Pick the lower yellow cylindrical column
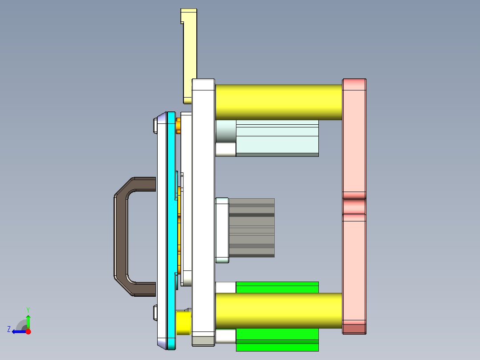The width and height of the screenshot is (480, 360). (x=278, y=311)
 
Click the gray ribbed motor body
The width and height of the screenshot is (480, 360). (x=252, y=227)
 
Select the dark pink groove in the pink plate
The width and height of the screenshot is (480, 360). (x=354, y=206)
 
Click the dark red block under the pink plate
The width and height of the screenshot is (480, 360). (x=354, y=329)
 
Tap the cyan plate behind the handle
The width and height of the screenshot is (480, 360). (x=171, y=223)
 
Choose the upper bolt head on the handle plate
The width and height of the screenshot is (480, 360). (x=155, y=126)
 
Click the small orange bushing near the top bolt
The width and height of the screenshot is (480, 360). (x=179, y=126)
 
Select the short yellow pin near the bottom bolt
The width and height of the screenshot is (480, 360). (x=183, y=322)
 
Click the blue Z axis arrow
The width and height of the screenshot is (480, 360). (x=18, y=331)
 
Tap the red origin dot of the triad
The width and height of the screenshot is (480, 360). (x=28, y=331)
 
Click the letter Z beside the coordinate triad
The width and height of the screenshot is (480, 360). (x=9, y=329)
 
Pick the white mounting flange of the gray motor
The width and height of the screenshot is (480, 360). (x=222, y=229)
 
